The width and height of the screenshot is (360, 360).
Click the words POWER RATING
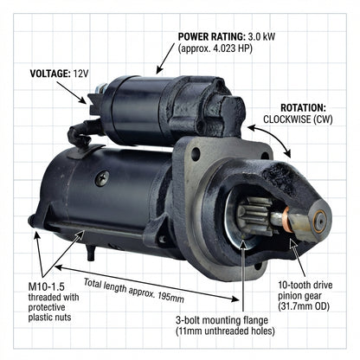[x=211, y=37]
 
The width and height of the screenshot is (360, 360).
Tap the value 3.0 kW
[x=261, y=37]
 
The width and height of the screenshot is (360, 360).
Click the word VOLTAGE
[x=50, y=74]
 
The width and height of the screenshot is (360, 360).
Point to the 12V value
[x=80, y=74]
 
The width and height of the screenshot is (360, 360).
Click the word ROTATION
[x=303, y=108]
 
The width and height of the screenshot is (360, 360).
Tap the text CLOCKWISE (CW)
[x=298, y=119]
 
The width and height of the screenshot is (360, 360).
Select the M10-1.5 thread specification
[x=46, y=286]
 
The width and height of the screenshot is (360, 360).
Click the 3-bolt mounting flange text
[x=222, y=320]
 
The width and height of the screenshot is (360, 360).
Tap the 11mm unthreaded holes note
[x=225, y=331]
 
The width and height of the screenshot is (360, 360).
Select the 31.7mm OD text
[x=304, y=306]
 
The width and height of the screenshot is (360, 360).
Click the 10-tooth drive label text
[x=305, y=285]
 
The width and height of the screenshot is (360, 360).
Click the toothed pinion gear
[x=254, y=215]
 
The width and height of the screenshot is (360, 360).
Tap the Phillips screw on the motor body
[x=102, y=178]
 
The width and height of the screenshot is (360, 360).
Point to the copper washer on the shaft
[x=286, y=219]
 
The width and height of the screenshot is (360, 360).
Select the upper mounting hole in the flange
[x=196, y=154]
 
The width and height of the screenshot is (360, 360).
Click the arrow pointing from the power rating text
[x=165, y=59]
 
